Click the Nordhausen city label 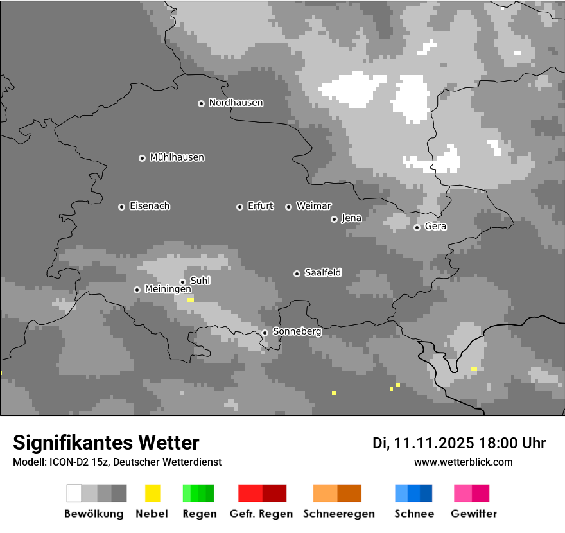[236, 103]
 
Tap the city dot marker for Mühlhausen [142, 158]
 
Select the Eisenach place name [150, 206]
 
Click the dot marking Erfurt [239, 207]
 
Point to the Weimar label [313, 206]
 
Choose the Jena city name [351, 218]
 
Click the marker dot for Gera [417, 227]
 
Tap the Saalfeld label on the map [322, 273]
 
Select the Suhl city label [200, 281]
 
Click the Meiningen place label [168, 290]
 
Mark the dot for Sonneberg [265, 333]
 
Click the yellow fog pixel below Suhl [190, 300]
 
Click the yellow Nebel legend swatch [152, 493]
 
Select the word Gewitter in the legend [473, 514]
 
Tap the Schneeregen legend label [338, 514]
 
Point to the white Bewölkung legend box [74, 493]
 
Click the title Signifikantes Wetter [106, 442]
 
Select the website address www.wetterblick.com [463, 462]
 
